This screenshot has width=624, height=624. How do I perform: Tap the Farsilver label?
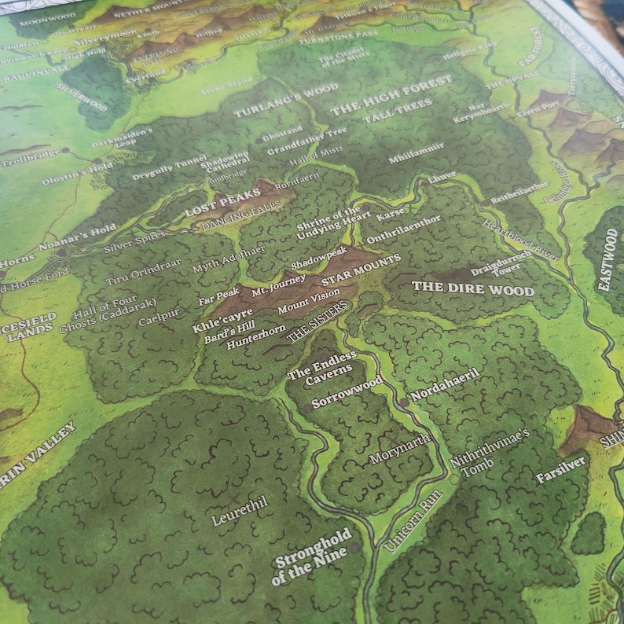click(560, 469)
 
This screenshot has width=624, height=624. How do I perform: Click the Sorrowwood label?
click(347, 391)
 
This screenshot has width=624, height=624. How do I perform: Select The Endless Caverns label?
click(321, 367)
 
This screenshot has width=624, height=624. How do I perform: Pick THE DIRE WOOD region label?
click(473, 288)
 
